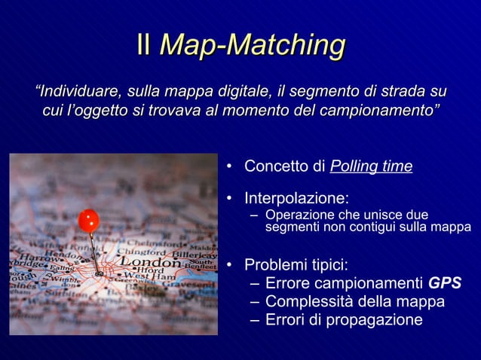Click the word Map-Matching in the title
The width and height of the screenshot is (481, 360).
pos(252,45)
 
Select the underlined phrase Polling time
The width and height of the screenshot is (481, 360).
pos(371,166)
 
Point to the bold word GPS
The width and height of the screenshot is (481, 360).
pos(445,284)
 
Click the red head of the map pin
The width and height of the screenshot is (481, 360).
pos(89,220)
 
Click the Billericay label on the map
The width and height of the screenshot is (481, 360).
pos(195,256)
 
